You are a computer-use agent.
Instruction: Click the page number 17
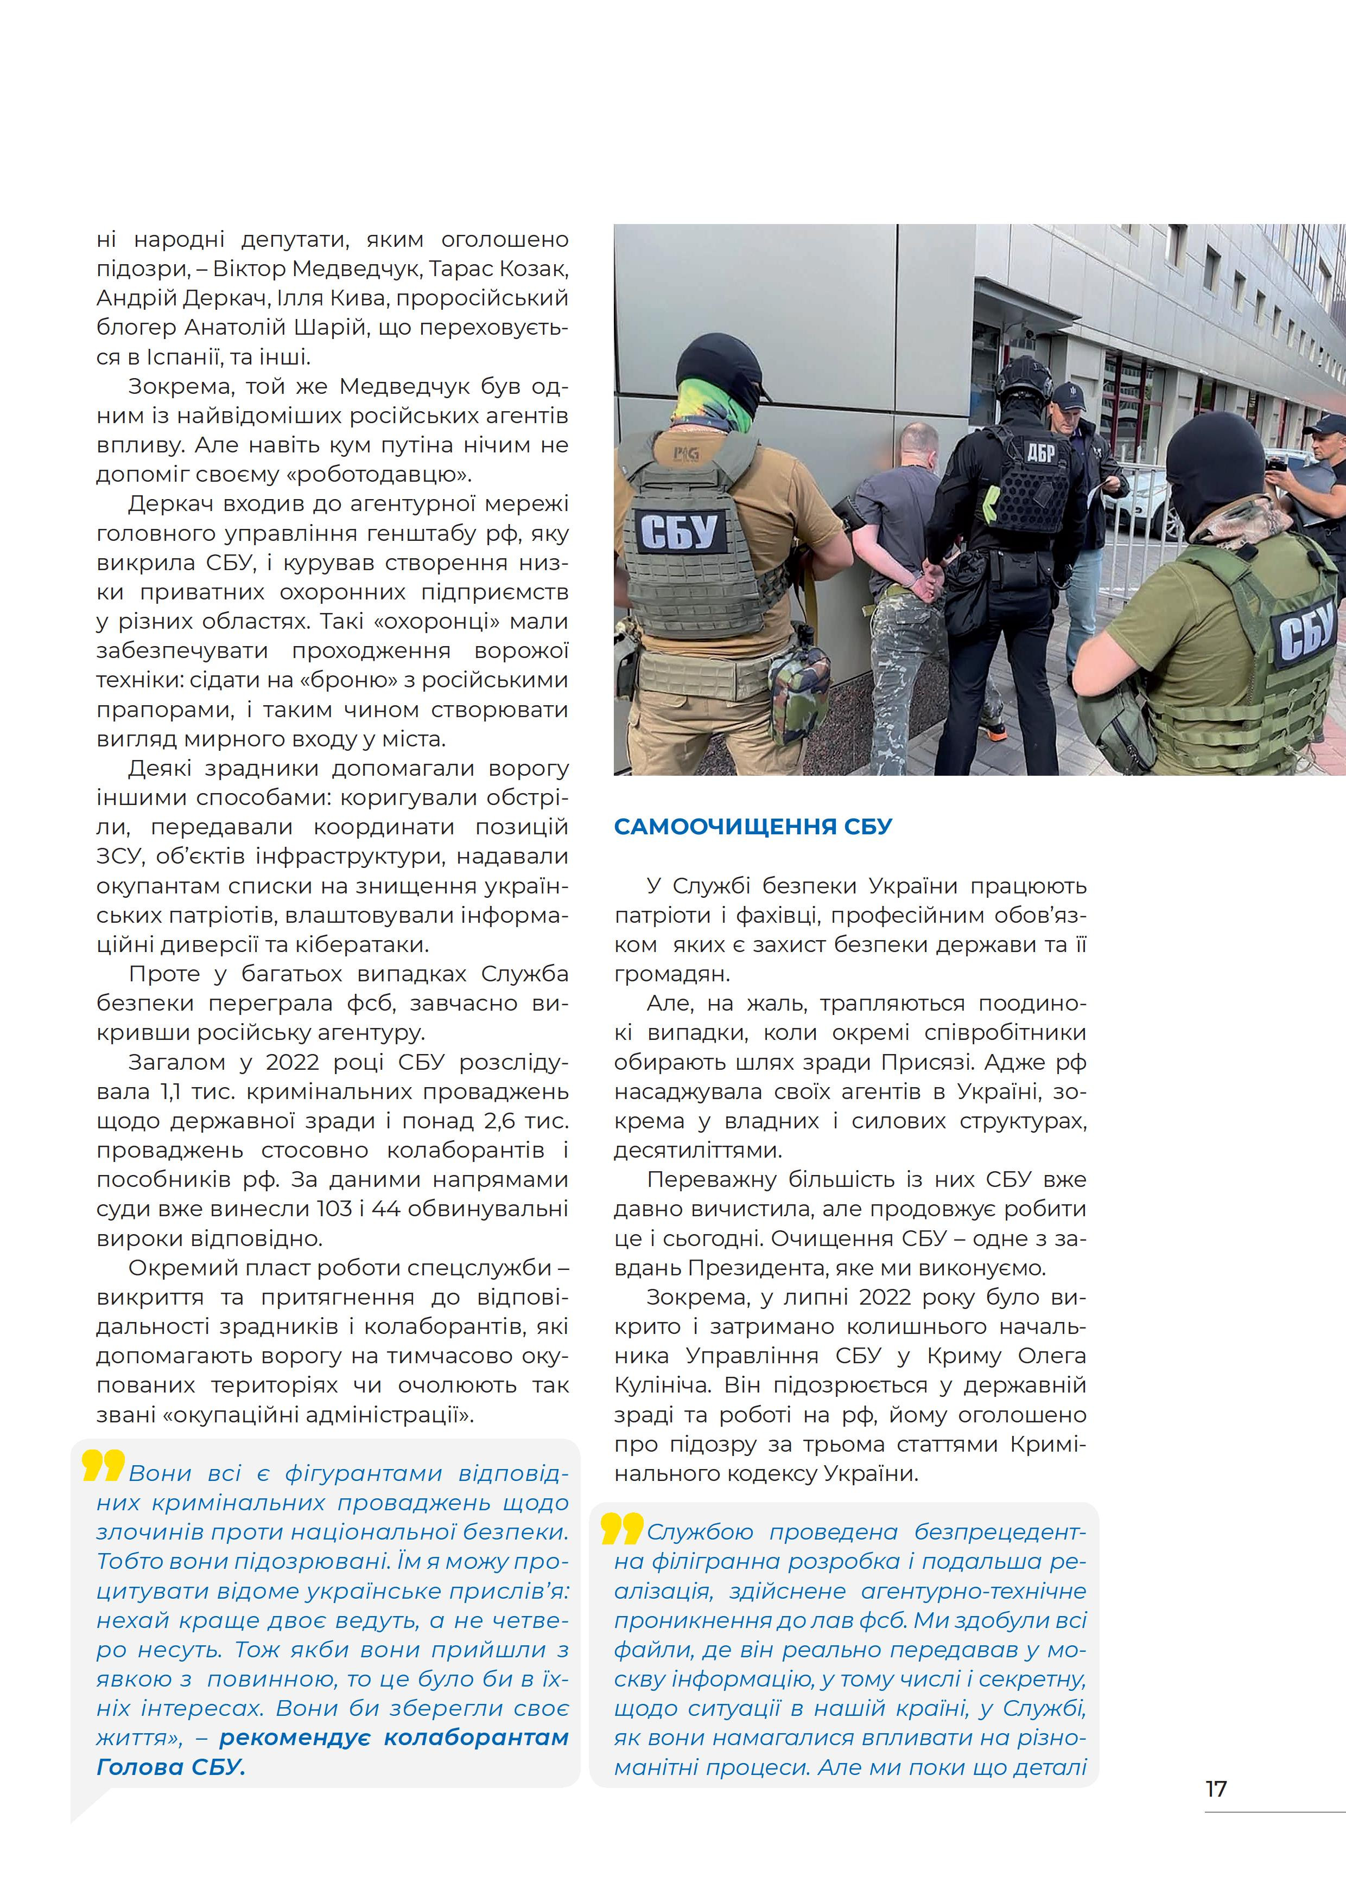pyautogui.click(x=1215, y=1789)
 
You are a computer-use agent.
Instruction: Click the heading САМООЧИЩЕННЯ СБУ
pyautogui.click(x=752, y=826)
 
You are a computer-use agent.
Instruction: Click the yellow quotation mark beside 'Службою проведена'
pyautogui.click(x=621, y=1528)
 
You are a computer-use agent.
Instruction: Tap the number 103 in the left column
pyautogui.click(x=334, y=1209)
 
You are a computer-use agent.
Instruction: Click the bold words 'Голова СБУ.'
pyautogui.click(x=171, y=1766)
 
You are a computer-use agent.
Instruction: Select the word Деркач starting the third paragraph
pyautogui.click(x=170, y=504)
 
